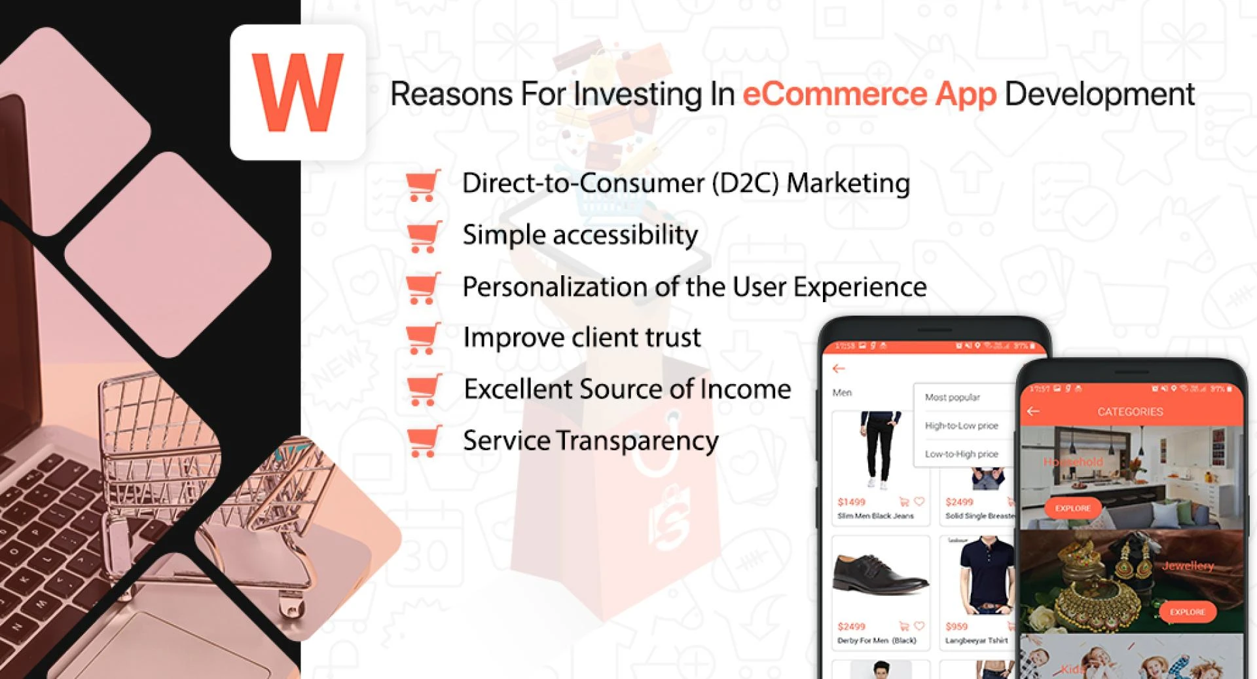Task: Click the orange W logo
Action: (x=298, y=92)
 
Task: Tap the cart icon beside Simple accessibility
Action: (x=423, y=237)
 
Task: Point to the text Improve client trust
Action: (x=581, y=338)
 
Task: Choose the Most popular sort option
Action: (x=952, y=397)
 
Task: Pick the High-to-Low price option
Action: (x=961, y=426)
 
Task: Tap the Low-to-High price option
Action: (x=961, y=454)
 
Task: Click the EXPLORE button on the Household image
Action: (x=1073, y=508)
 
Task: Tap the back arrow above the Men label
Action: (x=839, y=369)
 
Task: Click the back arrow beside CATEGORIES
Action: (x=1033, y=412)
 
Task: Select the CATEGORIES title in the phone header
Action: (x=1130, y=412)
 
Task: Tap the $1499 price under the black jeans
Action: (x=851, y=502)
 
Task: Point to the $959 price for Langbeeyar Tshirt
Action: (x=956, y=627)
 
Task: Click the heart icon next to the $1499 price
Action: (x=919, y=502)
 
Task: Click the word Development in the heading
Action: (x=1099, y=94)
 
